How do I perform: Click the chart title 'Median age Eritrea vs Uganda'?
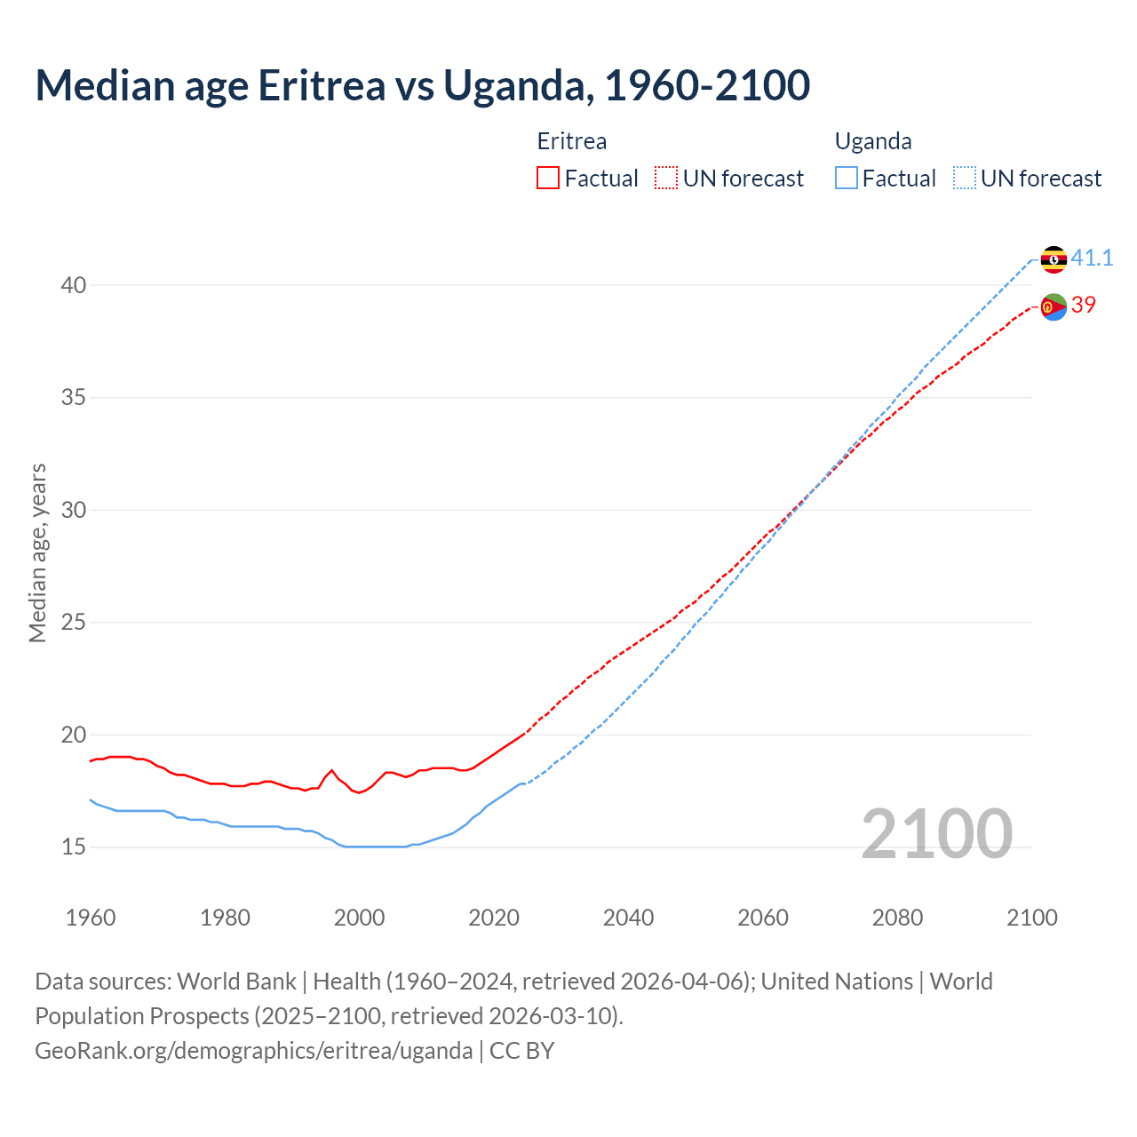422,86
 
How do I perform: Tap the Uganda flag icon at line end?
1054,259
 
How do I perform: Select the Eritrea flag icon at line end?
1054,306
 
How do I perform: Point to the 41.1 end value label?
1092,258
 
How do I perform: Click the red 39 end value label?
1084,305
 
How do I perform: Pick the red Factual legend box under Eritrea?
548,179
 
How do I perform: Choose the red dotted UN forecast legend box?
666,179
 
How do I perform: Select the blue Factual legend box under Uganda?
847,179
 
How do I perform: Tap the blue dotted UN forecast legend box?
964,179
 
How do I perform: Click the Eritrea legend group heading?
572,141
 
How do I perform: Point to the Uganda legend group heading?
873,141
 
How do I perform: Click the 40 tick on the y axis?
74,285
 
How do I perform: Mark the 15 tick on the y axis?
74,847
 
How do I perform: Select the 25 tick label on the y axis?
74,623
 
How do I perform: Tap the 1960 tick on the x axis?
91,918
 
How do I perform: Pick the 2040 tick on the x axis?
628,918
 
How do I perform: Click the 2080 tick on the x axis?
897,918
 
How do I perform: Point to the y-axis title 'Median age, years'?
37,553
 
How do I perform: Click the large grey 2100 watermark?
936,834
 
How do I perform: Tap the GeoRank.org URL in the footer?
253,1051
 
